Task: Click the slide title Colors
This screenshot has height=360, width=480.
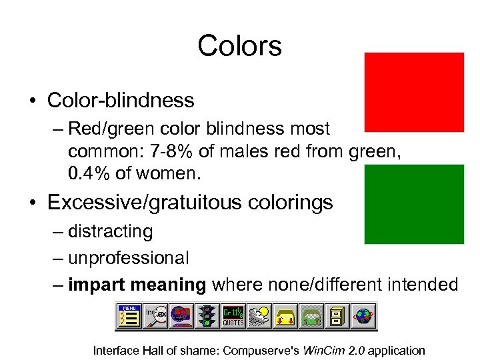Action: (x=239, y=47)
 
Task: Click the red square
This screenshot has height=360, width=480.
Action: (x=414, y=92)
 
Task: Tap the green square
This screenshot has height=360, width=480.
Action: (x=414, y=203)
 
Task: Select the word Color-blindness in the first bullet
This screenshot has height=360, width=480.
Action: (x=121, y=101)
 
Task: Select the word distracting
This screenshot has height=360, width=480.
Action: (x=110, y=231)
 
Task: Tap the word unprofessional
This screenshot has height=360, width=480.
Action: (x=128, y=257)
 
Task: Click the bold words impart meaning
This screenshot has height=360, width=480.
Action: (x=137, y=285)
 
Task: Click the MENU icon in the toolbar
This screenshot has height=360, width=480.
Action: (x=130, y=316)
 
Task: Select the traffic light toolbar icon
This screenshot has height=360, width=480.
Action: (x=207, y=316)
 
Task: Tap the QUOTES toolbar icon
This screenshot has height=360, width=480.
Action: (x=233, y=316)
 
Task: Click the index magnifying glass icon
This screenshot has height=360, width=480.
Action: (x=155, y=316)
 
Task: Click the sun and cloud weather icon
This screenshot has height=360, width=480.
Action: (x=259, y=316)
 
